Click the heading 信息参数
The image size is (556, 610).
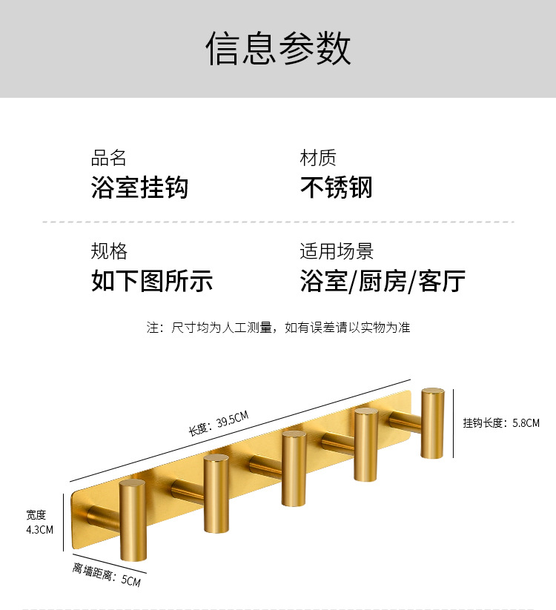click(278, 49)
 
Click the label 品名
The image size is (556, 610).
click(109, 158)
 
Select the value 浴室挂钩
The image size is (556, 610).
click(139, 188)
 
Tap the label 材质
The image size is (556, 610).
click(318, 158)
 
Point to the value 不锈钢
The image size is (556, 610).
click(336, 188)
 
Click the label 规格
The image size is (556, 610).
click(109, 251)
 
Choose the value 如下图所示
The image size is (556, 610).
click(152, 282)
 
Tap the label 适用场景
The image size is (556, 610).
click(337, 251)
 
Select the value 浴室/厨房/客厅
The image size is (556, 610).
click(383, 282)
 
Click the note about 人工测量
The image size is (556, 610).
click(278, 327)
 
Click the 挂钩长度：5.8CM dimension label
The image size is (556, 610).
click(501, 423)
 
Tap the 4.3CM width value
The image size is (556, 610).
click(40, 529)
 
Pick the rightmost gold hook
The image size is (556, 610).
click(432, 422)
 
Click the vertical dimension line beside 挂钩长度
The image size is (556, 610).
click(454, 422)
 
